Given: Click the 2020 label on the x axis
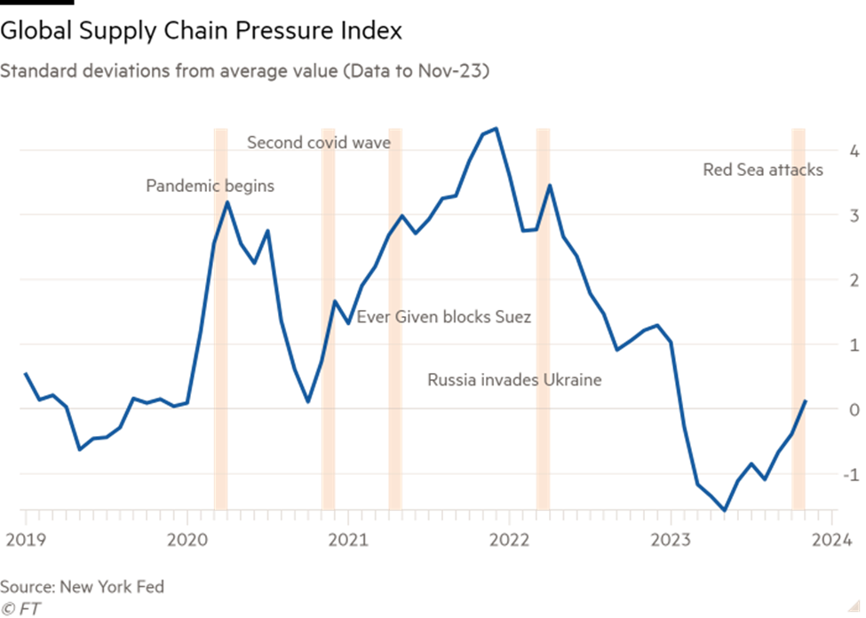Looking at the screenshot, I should point(187,539).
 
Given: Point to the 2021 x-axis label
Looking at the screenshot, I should point(349,539).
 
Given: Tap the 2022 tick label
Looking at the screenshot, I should point(511,539).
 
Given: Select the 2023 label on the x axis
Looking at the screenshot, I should point(672,539).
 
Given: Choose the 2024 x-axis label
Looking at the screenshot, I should point(832,539).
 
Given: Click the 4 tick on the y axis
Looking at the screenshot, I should point(854,151).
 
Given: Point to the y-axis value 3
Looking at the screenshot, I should point(854,216).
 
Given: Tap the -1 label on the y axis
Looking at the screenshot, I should point(851,474).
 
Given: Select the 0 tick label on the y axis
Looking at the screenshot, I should point(854,409).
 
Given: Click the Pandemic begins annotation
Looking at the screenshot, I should point(211,186).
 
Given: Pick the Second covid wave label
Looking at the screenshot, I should point(318,142).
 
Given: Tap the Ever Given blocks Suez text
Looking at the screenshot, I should point(444,317).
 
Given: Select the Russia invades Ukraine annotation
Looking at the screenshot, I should point(514,380).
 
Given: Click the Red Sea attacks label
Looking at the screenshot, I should point(763,170).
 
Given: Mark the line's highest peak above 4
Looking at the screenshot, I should point(496,128).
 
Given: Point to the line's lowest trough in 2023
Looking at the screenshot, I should point(725,510).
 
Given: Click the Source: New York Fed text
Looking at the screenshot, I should point(82,587).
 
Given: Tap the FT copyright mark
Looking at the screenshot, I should point(21,609).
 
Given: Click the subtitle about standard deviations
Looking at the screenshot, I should point(244,71).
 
